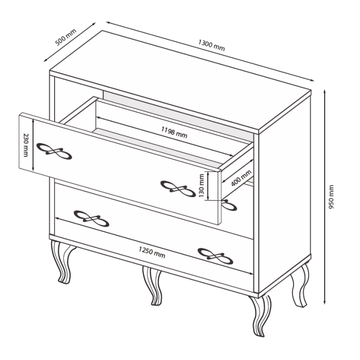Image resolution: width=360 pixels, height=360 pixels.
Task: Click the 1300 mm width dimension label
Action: (212, 45)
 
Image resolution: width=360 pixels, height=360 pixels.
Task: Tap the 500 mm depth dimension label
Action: (66, 37)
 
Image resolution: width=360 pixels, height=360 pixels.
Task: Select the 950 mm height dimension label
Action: (331, 197)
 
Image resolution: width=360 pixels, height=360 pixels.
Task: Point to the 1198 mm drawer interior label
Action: (174, 132)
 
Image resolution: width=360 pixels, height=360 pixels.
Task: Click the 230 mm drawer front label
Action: (26, 145)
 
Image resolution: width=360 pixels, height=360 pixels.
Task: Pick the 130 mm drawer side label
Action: (201, 185)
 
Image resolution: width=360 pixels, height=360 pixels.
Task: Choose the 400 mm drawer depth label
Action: (241, 178)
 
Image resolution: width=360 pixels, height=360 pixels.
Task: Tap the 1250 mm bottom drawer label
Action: (152, 252)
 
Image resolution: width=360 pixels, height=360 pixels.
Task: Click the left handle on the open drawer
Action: (54, 151)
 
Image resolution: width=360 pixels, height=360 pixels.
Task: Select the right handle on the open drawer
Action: (178, 189)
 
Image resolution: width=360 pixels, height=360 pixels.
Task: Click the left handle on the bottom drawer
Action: (92, 219)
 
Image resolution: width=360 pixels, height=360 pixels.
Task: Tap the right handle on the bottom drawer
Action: (215, 256)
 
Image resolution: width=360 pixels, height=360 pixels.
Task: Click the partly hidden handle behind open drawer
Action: (229, 205)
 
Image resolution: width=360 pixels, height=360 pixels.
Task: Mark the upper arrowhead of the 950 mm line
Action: (325, 92)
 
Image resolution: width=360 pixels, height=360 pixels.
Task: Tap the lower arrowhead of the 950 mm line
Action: (325, 302)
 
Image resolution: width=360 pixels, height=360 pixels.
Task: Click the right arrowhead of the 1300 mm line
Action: (312, 80)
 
